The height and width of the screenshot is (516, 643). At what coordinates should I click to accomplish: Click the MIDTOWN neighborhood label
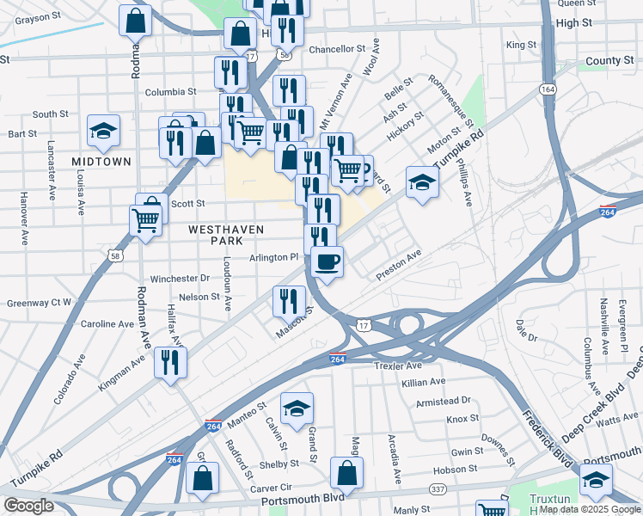pyautogui.click(x=101, y=161)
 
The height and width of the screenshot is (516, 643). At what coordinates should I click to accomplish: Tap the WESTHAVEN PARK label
pyautogui.click(x=221, y=236)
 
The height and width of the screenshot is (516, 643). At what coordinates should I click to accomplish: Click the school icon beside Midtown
pyautogui.click(x=103, y=131)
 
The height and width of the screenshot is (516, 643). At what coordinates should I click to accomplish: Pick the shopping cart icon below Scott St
pyautogui.click(x=145, y=220)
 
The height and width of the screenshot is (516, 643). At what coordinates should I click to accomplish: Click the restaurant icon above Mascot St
pyautogui.click(x=289, y=300)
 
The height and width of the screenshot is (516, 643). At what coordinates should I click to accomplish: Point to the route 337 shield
pyautogui.click(x=438, y=489)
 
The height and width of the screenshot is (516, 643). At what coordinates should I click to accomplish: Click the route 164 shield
pyautogui.click(x=547, y=89)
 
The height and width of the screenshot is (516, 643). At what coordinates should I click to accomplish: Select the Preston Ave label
pyautogui.click(x=399, y=266)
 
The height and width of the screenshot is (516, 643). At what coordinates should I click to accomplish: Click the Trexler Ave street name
pyautogui.click(x=398, y=365)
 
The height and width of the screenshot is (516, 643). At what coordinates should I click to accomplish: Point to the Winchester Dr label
pyautogui.click(x=181, y=279)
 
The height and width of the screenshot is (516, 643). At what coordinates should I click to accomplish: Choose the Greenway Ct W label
pyautogui.click(x=39, y=303)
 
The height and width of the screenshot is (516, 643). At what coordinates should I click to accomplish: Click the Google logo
pyautogui.click(x=28, y=505)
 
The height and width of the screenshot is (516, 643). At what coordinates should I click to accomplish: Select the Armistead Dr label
pyautogui.click(x=443, y=400)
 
